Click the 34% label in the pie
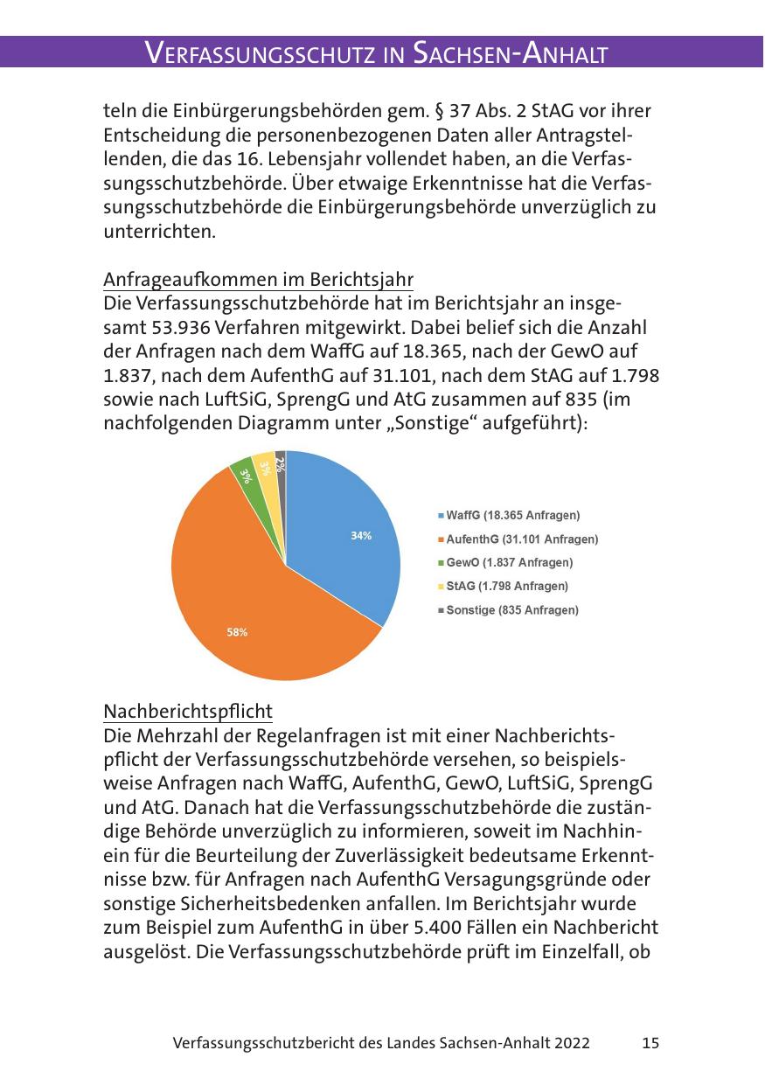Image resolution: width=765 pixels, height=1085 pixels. pyautogui.click(x=361, y=536)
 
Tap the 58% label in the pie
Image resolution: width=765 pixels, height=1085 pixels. pyautogui.click(x=237, y=632)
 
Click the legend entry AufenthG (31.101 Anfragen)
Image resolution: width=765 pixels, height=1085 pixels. pyautogui.click(x=522, y=539)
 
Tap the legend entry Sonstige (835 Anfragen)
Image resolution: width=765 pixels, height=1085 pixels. pyautogui.click(x=511, y=609)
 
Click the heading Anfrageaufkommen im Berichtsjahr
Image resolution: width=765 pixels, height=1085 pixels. pyautogui.click(x=258, y=280)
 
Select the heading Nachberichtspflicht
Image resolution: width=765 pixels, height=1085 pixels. pyautogui.click(x=188, y=709)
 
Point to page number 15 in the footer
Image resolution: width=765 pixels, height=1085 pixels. pyautogui.click(x=650, y=1043)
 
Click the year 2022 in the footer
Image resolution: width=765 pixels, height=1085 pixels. pyautogui.click(x=571, y=1043)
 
